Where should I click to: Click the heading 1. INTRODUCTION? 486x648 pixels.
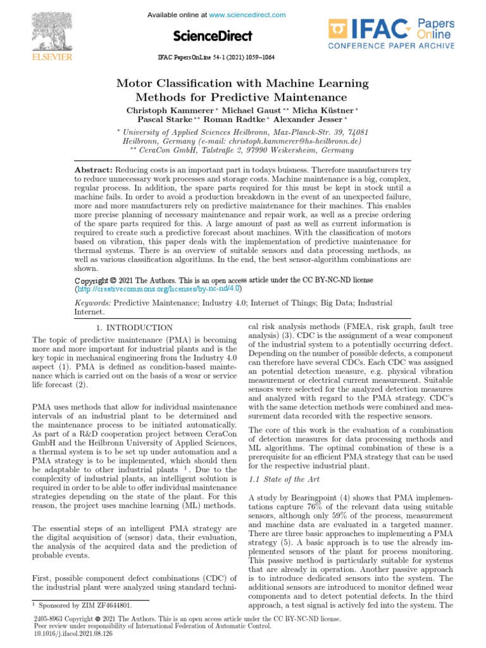click(134, 327)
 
